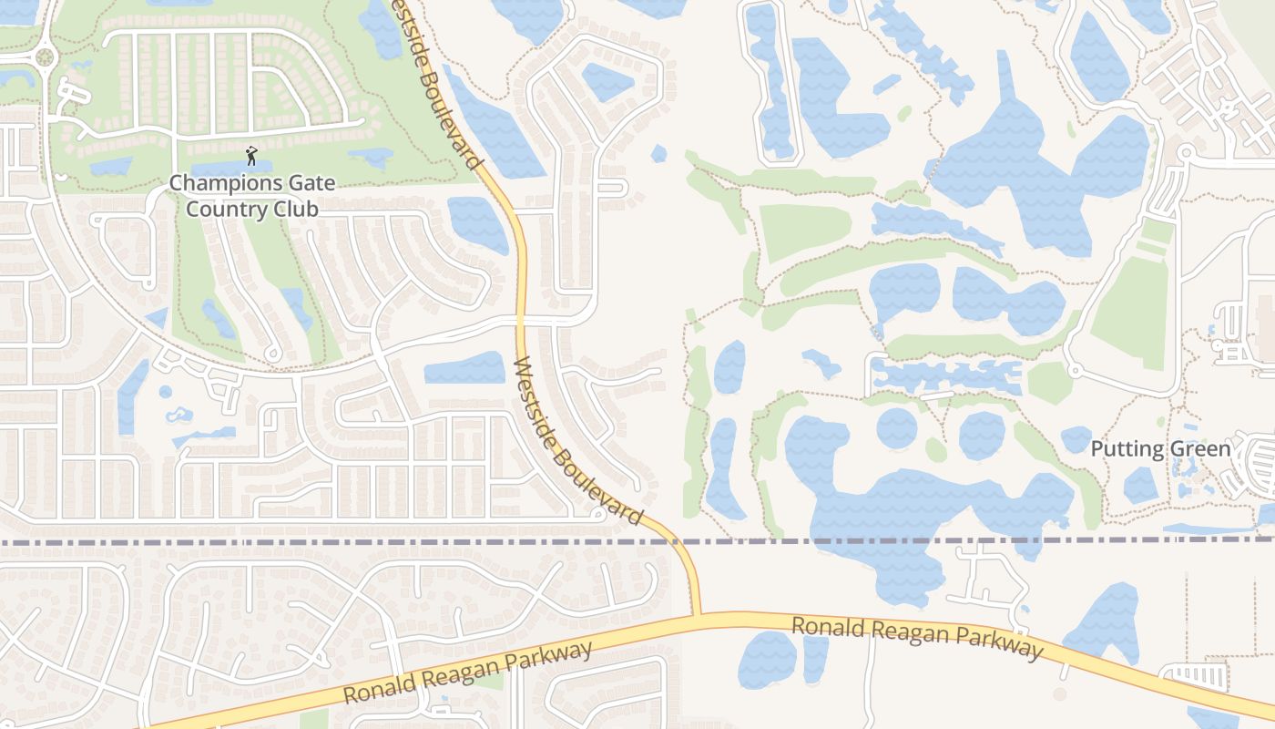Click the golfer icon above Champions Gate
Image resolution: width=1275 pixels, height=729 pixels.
click(251, 156)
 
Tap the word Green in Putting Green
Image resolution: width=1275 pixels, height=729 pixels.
click(1200, 449)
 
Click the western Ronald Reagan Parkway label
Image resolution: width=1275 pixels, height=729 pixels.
click(468, 673)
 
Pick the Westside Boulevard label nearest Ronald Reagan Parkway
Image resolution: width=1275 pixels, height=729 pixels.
click(578, 441)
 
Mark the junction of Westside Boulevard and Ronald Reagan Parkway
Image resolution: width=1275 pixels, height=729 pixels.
click(697, 615)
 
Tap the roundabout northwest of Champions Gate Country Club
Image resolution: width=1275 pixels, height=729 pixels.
click(43, 57)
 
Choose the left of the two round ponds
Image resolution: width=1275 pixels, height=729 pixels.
click(897, 428)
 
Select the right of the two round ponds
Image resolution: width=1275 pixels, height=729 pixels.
click(981, 435)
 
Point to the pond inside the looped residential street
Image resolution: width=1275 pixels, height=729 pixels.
click(607, 82)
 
